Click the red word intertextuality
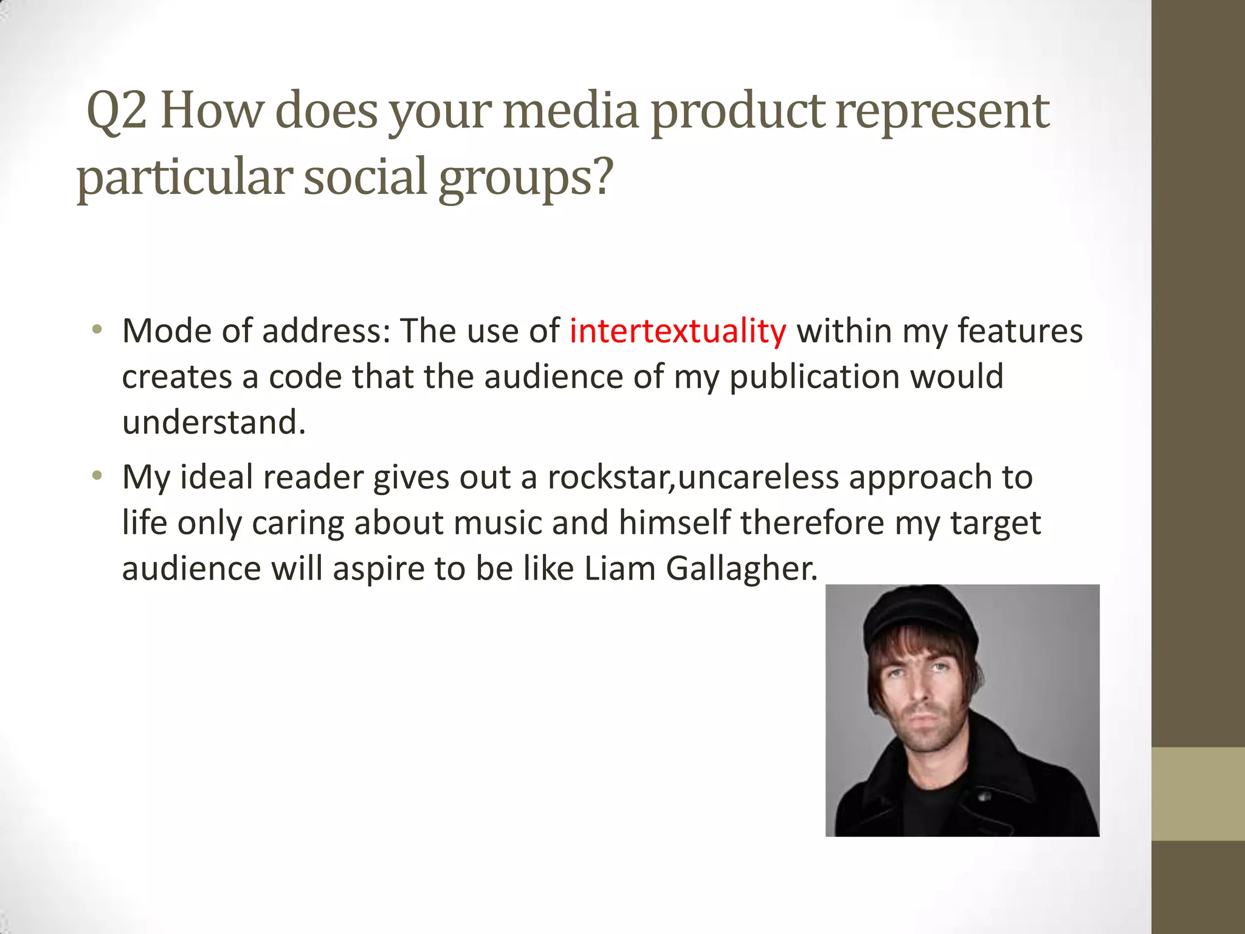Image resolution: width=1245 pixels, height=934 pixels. (677, 332)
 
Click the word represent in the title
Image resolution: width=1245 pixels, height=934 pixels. (942, 112)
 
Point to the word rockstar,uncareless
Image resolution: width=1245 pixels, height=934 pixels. (693, 477)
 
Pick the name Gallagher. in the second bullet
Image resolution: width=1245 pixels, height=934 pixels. (742, 569)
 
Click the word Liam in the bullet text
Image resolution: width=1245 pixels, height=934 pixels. (619, 569)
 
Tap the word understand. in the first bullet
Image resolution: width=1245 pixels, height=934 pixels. (213, 422)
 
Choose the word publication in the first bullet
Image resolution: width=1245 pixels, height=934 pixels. (814, 377)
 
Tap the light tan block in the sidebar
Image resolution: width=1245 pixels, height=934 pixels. (1198, 794)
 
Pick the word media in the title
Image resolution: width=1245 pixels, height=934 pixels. (570, 111)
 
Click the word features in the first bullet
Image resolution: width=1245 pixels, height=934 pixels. (1020, 332)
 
